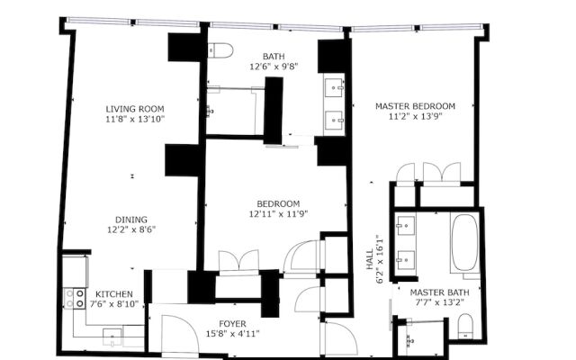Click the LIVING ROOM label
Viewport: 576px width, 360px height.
[135, 109]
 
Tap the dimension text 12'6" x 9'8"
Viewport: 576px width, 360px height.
[274, 67]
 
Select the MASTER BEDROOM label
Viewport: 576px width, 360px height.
[415, 106]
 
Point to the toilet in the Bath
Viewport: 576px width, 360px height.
[220, 50]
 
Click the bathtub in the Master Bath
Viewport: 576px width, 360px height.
[464, 243]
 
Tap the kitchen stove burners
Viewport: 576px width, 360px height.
[75, 298]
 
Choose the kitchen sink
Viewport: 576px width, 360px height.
[112, 337]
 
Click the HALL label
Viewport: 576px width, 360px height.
[370, 259]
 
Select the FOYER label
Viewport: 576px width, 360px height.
[232, 324]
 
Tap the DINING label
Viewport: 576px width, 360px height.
[131, 220]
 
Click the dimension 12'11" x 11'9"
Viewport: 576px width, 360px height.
[278, 214]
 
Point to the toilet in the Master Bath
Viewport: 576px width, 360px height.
[465, 326]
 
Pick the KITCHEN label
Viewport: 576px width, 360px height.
[114, 294]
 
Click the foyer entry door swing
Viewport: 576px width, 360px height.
[180, 334]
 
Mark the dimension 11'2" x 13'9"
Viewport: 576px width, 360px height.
[415, 116]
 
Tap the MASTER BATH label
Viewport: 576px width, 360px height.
[439, 292]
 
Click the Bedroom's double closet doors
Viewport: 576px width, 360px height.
[238, 262]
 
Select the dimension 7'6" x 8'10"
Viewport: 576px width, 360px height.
[114, 304]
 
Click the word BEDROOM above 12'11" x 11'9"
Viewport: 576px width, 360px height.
[278, 204]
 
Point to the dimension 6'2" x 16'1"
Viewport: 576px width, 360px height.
[380, 259]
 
